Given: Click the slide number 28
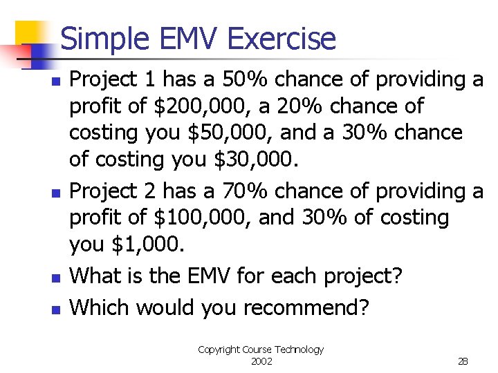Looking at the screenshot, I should [x=463, y=361].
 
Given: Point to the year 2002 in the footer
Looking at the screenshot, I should [x=261, y=361].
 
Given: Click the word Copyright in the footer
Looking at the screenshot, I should [x=219, y=350].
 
